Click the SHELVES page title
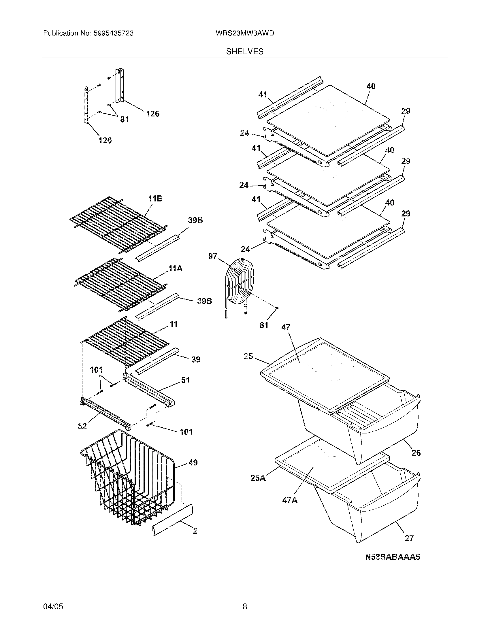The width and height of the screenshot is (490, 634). coord(245,52)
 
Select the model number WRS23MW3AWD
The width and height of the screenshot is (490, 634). coord(245,33)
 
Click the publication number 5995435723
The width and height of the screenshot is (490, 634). coord(113,33)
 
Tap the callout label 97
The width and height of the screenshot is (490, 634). coord(213,256)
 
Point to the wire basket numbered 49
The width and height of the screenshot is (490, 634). coord(128,479)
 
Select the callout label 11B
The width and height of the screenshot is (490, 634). coord(155,199)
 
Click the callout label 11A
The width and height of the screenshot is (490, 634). coord(175,269)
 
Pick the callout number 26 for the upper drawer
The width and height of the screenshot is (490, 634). coord(416,452)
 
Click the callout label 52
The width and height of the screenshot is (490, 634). coord(82,426)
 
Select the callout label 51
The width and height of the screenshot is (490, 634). coord(185,380)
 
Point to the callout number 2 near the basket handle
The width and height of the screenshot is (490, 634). coord(195,531)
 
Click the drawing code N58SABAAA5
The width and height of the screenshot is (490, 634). coord(393,557)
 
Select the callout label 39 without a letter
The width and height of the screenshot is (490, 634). coord(196,359)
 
